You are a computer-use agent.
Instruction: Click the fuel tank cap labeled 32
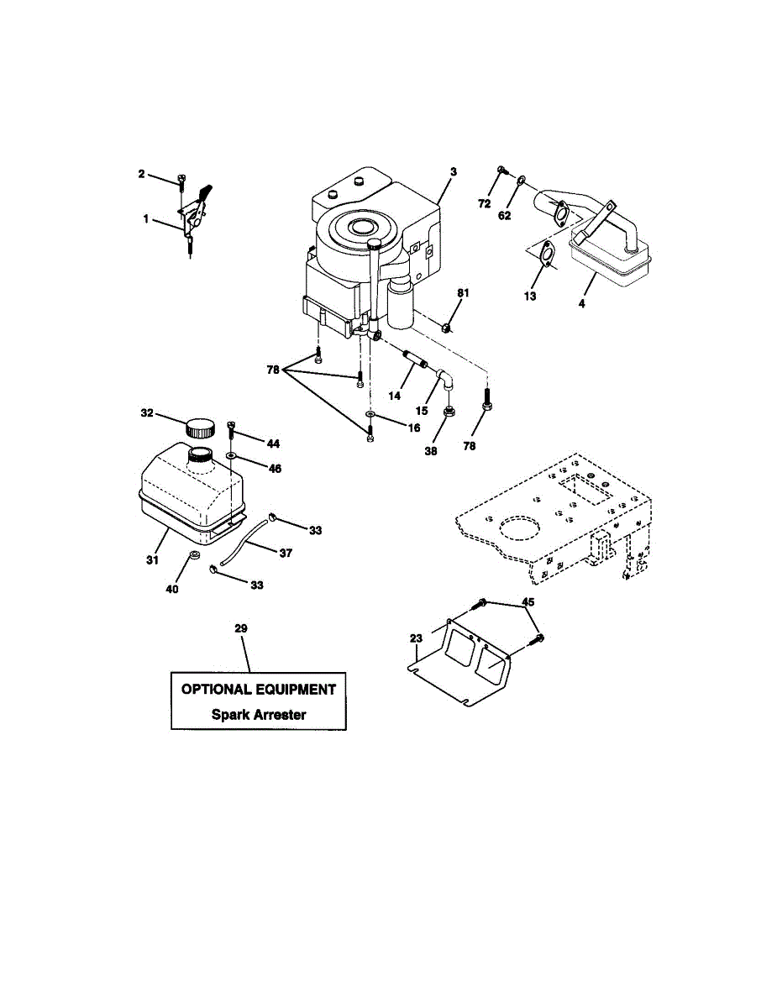click(201, 427)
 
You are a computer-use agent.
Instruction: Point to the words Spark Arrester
click(259, 716)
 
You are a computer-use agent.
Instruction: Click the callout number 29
click(242, 628)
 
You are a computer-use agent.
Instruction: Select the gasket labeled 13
click(546, 254)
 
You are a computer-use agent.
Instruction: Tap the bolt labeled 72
click(501, 171)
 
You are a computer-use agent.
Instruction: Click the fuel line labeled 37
click(244, 543)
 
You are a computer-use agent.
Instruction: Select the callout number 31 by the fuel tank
click(152, 559)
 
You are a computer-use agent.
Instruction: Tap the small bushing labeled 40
click(193, 556)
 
